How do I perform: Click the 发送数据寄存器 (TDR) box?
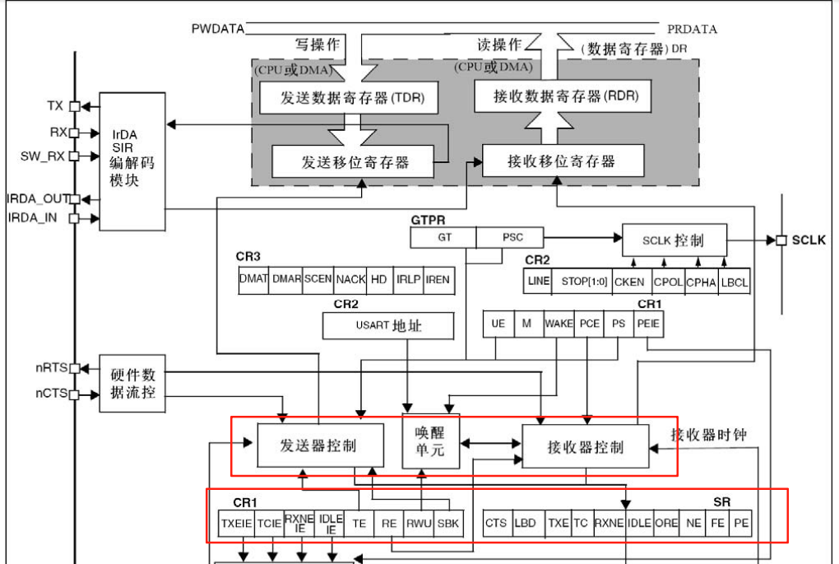[348, 98]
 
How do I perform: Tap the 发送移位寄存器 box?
[355, 161]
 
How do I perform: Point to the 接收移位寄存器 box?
[561, 161]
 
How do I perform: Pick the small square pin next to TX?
[74, 106]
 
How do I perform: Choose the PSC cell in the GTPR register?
[511, 238]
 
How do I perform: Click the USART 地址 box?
[388, 325]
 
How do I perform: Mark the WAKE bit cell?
[559, 324]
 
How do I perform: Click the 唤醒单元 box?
[429, 441]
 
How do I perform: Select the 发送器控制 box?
[318, 445]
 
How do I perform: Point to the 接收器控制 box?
[585, 447]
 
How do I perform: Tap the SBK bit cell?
[448, 523]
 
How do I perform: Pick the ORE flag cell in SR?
[665, 523]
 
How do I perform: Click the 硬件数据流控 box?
[132, 383]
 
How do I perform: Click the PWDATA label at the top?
[217, 29]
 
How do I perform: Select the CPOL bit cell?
[668, 281]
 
